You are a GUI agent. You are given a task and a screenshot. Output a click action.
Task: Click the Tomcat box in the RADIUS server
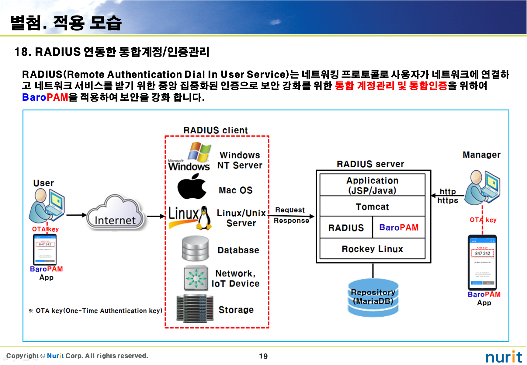tap(372, 207)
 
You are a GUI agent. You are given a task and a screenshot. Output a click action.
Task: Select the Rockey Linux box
tap(372, 249)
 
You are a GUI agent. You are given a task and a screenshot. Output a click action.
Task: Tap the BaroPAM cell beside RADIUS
tap(399, 228)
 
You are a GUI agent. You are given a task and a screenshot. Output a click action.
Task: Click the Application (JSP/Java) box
tap(372, 185)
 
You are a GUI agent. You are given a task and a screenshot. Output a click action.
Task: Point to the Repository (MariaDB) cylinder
tap(373, 297)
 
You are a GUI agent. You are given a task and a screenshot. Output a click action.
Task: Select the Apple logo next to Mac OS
tap(192, 186)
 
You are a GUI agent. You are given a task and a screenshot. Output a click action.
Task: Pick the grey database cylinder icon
tap(195, 248)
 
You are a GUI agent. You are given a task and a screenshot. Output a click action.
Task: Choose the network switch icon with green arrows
tap(196, 278)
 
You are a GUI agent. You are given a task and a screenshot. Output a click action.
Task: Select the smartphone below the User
tap(45, 249)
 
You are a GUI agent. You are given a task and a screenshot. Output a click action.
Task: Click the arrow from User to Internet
tap(76, 215)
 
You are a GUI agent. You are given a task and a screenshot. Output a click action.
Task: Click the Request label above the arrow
tap(290, 210)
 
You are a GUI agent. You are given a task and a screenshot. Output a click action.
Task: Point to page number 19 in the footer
tap(263, 356)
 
